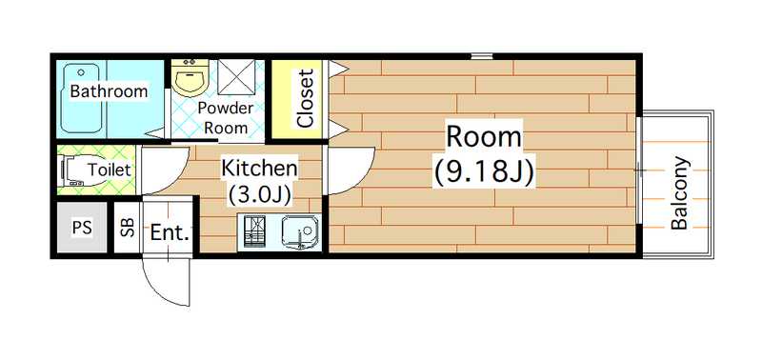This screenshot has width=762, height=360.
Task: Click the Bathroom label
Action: coord(109,90)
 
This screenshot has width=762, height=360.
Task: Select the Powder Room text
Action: coord(226,117)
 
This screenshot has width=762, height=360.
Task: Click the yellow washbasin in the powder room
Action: coord(191,78)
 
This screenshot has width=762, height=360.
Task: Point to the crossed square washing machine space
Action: coord(235,77)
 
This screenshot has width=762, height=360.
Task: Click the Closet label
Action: coord(305,99)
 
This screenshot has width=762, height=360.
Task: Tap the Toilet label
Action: coord(110,170)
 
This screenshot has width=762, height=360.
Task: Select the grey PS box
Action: coord(82,227)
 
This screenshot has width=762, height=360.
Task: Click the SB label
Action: coord(128,227)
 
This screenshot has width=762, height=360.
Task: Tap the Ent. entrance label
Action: coord(170,232)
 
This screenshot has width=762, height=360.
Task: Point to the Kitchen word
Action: coord(259,169)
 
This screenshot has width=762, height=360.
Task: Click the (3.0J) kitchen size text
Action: coord(259,194)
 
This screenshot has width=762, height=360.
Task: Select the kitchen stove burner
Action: coord(256,232)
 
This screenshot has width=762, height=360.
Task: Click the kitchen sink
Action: coord(300,232)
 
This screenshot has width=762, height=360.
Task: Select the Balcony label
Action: coord(679,193)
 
